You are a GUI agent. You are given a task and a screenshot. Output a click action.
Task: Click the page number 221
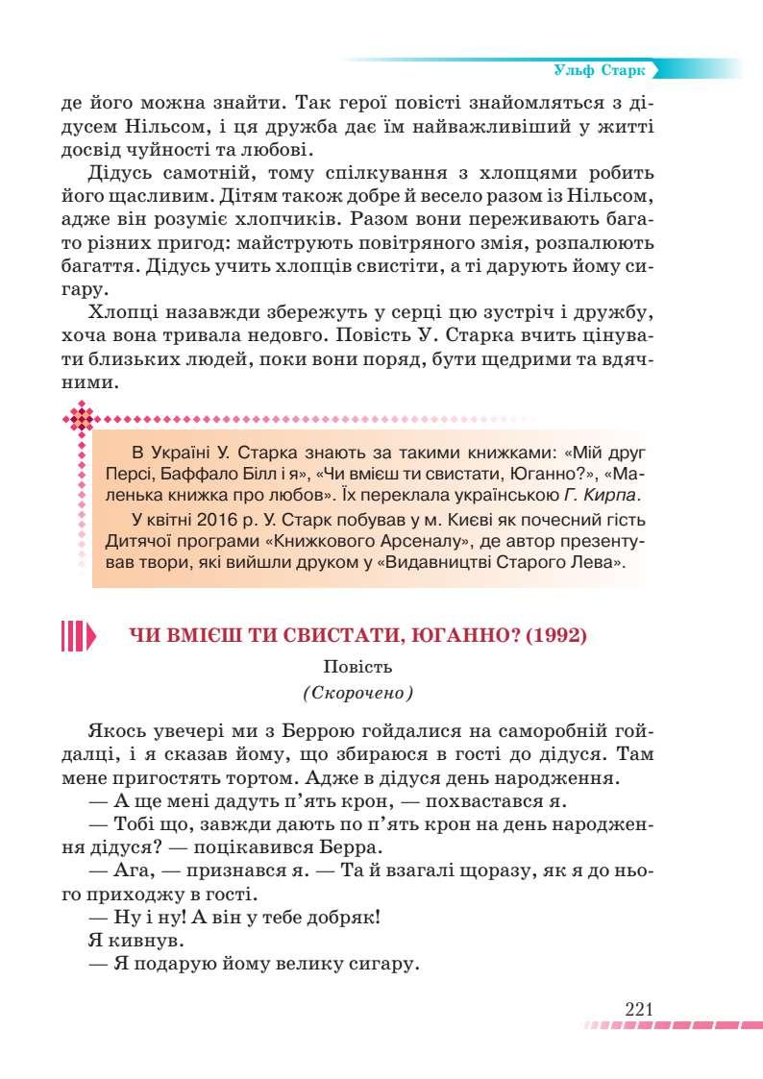point(638,1009)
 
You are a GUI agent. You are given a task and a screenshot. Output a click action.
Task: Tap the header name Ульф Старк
point(601,70)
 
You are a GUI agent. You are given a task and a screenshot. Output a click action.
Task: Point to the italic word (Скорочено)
point(357,692)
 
